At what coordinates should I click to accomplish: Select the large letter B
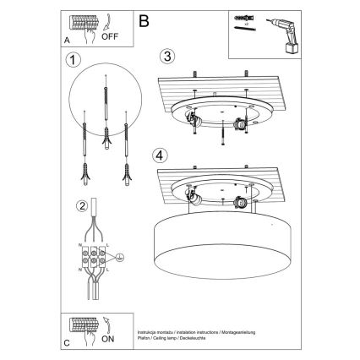point(143,19)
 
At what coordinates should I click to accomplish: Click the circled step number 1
point(74,61)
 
